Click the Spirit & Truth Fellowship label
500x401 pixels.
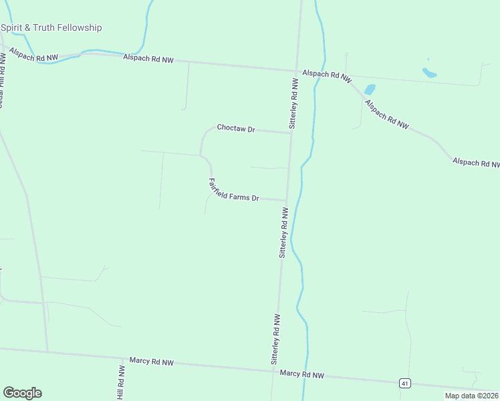[51, 27]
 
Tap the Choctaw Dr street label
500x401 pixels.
[236, 128]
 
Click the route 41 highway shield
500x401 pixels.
[404, 383]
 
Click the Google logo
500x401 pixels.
[22, 393]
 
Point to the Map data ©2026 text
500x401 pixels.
[472, 396]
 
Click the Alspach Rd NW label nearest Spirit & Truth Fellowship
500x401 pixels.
[148, 59]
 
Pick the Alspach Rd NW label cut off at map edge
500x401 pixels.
[475, 162]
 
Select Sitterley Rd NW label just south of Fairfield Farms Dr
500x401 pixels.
[283, 233]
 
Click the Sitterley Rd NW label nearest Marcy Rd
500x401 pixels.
[275, 339]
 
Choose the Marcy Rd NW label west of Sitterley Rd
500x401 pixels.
[152, 362]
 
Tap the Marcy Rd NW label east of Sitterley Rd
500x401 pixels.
[302, 374]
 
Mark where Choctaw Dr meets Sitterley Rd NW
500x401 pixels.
[291, 133]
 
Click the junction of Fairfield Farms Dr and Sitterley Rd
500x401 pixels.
[287, 200]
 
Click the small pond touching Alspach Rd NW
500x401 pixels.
[370, 89]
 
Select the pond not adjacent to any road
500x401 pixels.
[429, 72]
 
